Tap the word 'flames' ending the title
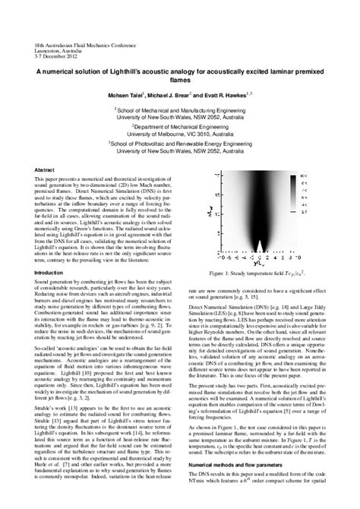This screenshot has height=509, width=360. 180,84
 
